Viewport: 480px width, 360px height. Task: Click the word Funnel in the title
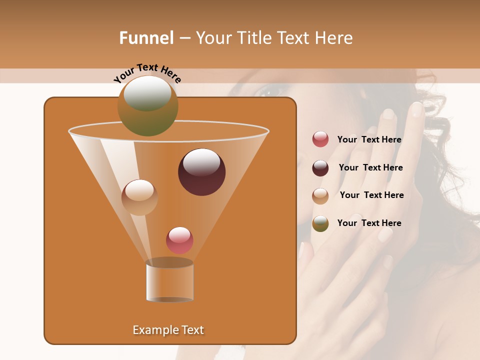[x=146, y=38]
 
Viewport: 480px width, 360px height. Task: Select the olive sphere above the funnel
[x=147, y=106]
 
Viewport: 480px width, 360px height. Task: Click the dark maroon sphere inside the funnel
[x=201, y=172]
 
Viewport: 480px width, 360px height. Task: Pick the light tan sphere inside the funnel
[x=139, y=197]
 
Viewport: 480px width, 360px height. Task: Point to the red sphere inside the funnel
[x=179, y=240]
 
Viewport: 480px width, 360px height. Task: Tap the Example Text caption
[x=168, y=330]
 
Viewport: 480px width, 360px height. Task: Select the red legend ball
[x=320, y=139]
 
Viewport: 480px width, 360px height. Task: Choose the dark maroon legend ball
[x=320, y=168]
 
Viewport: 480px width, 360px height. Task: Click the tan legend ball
[x=320, y=196]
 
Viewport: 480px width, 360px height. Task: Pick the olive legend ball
[x=320, y=223]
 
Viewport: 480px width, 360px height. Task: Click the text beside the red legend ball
[x=369, y=140]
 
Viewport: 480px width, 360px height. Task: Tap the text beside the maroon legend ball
[x=370, y=168]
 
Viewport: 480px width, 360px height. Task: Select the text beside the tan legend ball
[x=371, y=195]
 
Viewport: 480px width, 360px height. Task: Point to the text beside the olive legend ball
[x=369, y=223]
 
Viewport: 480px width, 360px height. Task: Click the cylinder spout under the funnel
[x=169, y=281]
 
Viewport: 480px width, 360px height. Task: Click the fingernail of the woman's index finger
[x=416, y=109]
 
